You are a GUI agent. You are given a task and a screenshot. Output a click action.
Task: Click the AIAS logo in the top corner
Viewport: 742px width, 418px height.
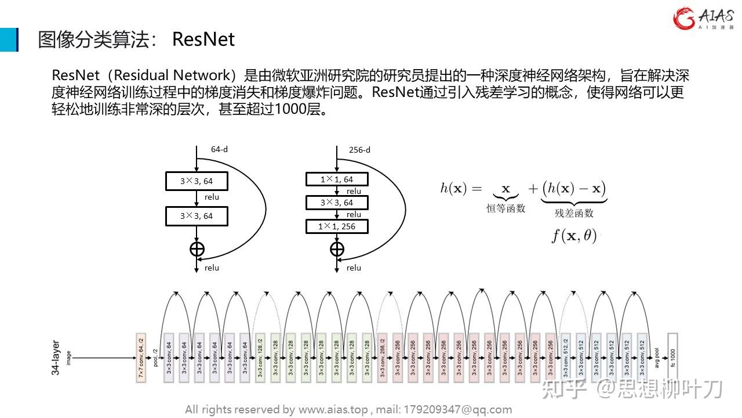pos(703,19)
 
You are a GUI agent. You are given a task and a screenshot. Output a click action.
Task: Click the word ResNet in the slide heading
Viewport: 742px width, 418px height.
pos(203,39)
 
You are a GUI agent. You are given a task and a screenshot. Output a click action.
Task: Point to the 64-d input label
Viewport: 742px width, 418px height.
pos(219,149)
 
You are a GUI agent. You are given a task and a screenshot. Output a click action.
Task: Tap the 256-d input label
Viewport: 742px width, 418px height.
pos(359,150)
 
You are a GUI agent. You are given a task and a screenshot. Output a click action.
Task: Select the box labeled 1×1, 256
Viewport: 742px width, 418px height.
pos(337,226)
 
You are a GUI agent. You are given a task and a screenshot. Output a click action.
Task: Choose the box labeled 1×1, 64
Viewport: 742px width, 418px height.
pos(337,179)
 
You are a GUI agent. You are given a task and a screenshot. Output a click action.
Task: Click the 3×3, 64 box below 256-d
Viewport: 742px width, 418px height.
pos(337,203)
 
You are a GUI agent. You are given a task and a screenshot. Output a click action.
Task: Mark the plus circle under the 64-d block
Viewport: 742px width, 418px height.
pos(197,249)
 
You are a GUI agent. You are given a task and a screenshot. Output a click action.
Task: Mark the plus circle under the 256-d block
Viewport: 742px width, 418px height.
pos(337,249)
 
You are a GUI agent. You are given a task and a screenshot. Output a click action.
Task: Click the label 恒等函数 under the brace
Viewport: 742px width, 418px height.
pos(505,208)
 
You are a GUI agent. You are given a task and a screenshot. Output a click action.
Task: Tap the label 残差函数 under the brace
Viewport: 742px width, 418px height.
pos(574,213)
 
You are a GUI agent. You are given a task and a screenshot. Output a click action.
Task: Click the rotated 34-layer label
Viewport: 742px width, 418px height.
pos(56,357)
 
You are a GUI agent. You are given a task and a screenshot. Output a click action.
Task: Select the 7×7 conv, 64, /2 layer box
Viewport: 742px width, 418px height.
pos(140,357)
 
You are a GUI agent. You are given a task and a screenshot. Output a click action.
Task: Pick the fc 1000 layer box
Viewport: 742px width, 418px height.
pos(672,357)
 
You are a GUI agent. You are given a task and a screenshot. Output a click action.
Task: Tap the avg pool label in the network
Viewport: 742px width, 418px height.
pos(657,357)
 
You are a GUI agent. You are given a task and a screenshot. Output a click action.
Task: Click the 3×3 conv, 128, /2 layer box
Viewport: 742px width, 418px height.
pos(260,357)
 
